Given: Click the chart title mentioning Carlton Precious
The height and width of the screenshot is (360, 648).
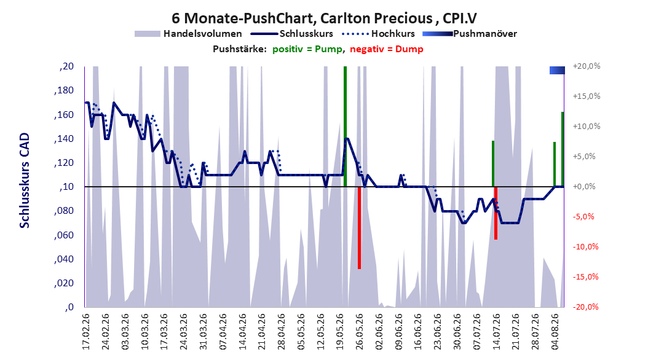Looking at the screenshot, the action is point(324,18).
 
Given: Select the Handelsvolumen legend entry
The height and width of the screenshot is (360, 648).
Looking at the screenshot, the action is point(188,34).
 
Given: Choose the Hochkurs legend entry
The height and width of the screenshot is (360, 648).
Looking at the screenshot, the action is point(378,34).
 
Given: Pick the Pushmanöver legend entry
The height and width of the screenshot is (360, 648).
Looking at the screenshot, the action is point(470,34).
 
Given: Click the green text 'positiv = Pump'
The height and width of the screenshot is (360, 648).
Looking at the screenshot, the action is point(307,49).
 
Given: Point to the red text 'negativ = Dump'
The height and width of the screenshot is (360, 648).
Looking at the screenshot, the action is point(387,49).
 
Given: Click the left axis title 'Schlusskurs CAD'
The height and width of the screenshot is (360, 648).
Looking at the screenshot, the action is point(25,180).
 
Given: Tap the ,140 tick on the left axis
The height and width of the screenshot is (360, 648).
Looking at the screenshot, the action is point(64,139).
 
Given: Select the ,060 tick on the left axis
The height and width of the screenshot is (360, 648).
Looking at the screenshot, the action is point(64,235).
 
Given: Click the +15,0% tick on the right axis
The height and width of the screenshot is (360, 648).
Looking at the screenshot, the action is point(586,96).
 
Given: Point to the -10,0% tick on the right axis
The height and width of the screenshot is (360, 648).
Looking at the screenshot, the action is point(586,247).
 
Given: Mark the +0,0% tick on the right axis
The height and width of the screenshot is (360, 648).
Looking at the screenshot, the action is point(584,187).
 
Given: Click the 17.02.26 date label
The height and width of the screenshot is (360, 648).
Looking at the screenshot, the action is point(86,332).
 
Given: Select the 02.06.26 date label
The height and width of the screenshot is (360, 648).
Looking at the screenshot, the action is point(379,332).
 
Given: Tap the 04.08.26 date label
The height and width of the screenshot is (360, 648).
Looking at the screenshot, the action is point(555,332).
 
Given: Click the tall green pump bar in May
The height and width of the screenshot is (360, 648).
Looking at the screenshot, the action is point(345,127).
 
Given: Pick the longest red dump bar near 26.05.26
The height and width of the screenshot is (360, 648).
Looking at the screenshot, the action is point(360,228).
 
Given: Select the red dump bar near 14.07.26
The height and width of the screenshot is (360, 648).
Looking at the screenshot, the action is point(496,213).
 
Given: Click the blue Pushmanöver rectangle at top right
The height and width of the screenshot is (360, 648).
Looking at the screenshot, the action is point(557,70).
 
